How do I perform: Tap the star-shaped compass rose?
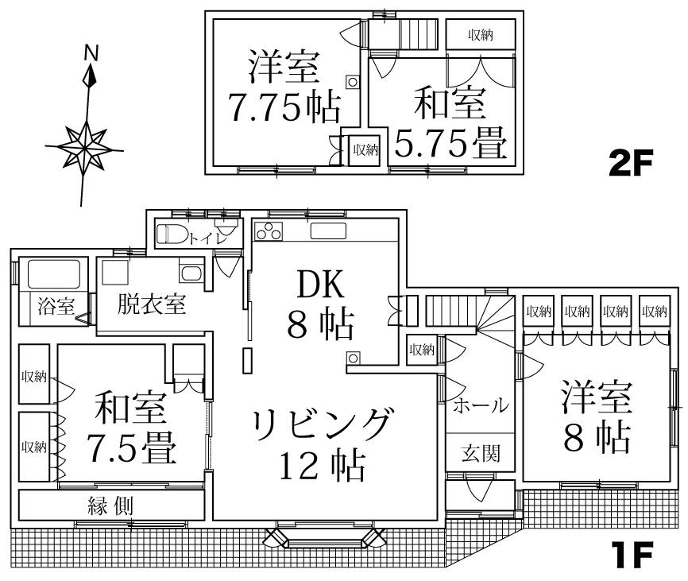tap(84, 147)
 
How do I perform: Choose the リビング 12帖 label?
tap(322, 443)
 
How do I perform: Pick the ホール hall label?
tap(480, 406)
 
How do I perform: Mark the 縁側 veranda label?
tap(110, 505)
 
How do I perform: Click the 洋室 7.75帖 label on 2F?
tap(283, 88)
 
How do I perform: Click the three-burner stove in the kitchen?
tap(269, 231)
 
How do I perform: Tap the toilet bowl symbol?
tap(171, 235)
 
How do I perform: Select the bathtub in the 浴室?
tap(53, 274)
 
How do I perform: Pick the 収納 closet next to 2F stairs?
tap(480, 34)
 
